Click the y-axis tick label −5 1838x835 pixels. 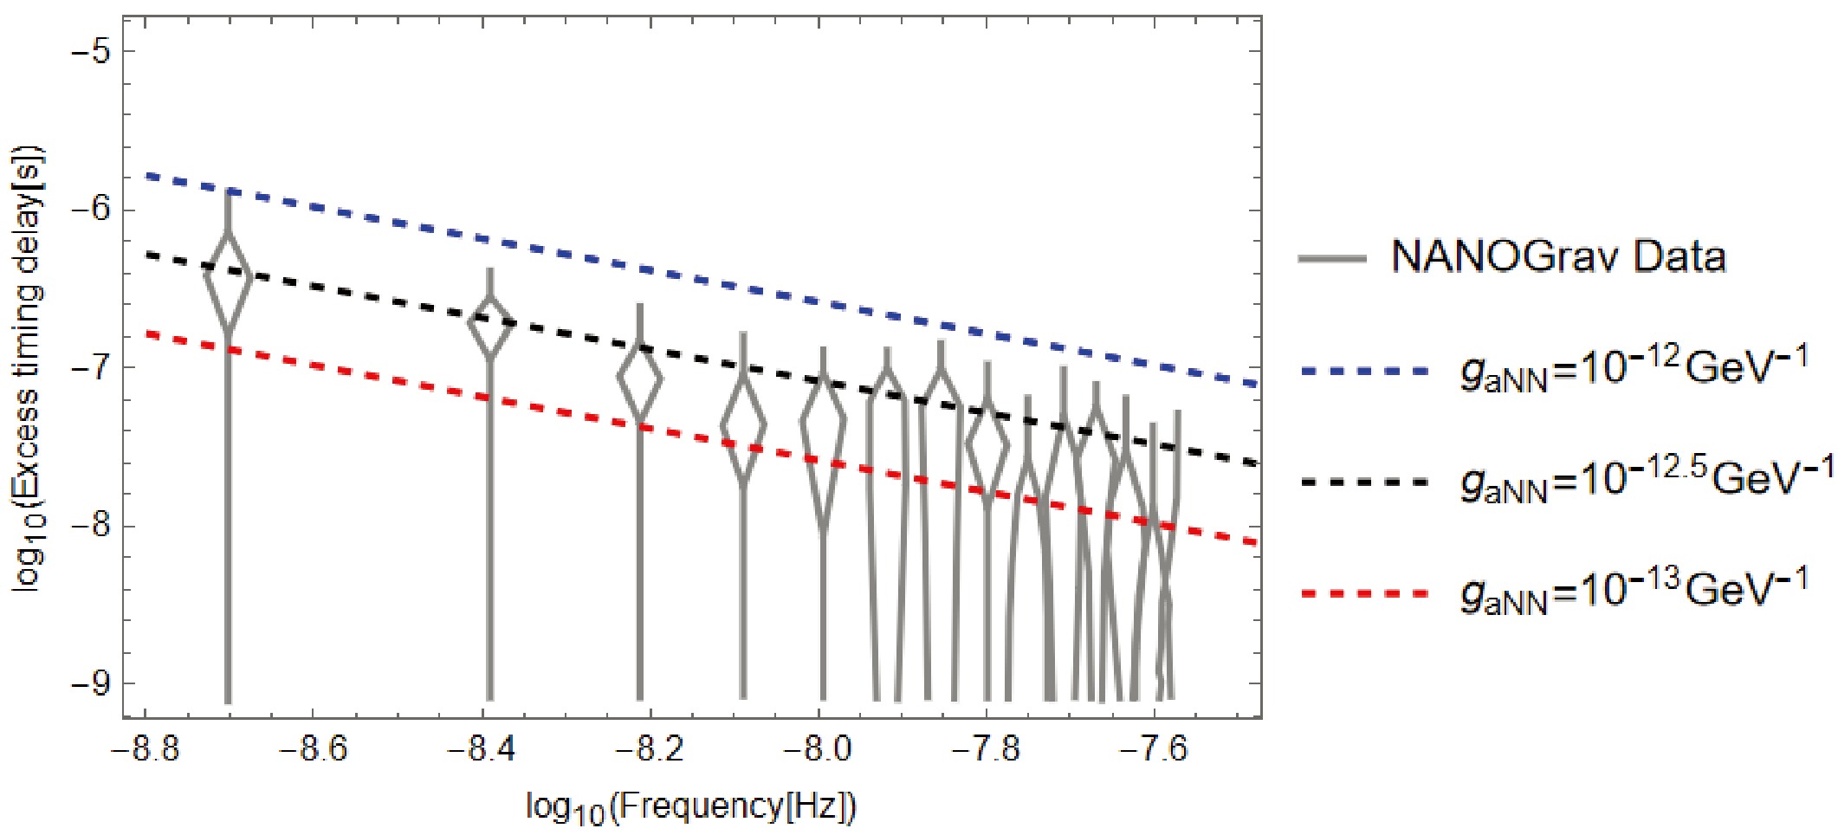point(91,51)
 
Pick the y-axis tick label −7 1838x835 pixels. point(91,367)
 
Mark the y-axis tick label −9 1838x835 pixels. point(91,683)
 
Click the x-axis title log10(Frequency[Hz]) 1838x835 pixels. point(691,807)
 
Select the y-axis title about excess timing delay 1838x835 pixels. point(28,368)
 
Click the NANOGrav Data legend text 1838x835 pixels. point(1557,257)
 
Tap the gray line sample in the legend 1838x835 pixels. point(1332,258)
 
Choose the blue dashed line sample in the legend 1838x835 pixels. point(1364,372)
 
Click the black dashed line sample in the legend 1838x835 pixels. point(1364,482)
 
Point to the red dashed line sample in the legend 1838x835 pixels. point(1364,593)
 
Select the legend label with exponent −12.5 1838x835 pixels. point(1646,479)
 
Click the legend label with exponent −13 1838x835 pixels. point(1634,591)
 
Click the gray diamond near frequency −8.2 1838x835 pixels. point(640,379)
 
